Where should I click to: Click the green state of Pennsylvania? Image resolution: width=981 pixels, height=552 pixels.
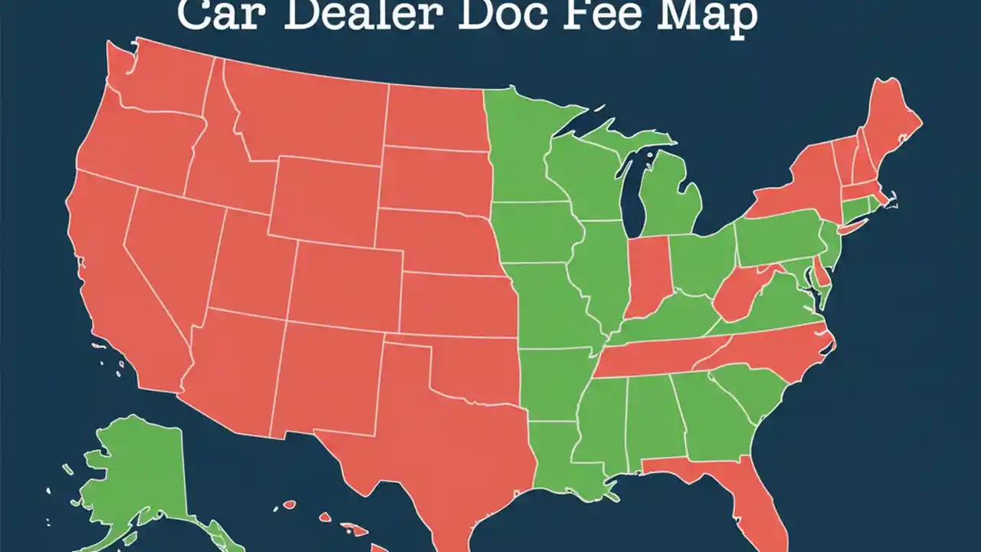pos(774,242)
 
